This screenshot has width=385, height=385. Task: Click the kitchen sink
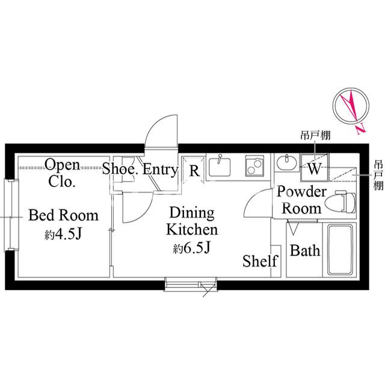point(220,167)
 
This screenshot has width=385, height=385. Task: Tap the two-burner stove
point(254,166)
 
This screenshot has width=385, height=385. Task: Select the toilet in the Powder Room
point(340,203)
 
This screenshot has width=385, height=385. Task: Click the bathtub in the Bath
point(340,250)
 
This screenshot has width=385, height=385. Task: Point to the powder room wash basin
point(286,162)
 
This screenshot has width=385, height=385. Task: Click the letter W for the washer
point(315,168)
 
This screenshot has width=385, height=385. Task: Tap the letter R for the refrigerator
point(194,171)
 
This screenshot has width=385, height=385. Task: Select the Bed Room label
point(63,215)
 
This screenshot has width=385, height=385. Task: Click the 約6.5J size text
point(192,248)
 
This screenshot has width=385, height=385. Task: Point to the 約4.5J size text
point(63,235)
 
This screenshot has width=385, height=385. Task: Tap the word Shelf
point(260,260)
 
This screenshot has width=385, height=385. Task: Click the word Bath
point(305,251)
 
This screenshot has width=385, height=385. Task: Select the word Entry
point(160,170)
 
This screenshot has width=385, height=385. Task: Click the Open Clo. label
point(62,173)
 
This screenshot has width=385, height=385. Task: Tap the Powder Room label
point(302,200)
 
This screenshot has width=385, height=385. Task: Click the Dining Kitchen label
point(192,221)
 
